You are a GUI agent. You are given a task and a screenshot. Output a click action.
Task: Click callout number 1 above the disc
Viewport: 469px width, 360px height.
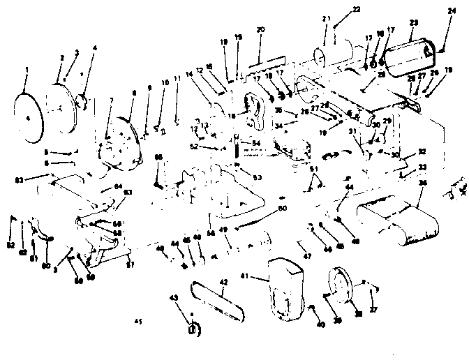(26, 69)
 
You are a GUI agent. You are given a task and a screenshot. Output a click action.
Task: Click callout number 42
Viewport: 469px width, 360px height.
(223, 282)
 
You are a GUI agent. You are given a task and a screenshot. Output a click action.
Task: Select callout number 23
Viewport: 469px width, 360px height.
(413, 23)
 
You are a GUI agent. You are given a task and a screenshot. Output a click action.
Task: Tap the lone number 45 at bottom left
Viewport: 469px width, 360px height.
(139, 321)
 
